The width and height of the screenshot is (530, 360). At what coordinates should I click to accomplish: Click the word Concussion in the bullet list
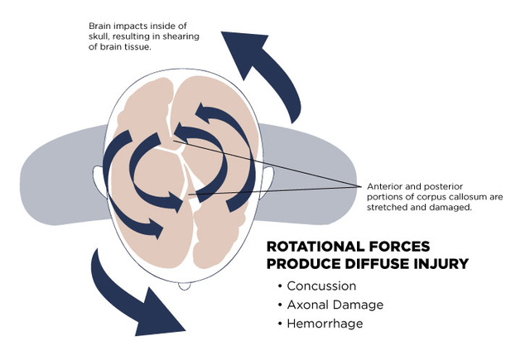[x=321, y=286]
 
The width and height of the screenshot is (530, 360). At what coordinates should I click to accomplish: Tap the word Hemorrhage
[x=325, y=323]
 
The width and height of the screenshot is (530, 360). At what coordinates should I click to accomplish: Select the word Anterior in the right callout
[x=387, y=186]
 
